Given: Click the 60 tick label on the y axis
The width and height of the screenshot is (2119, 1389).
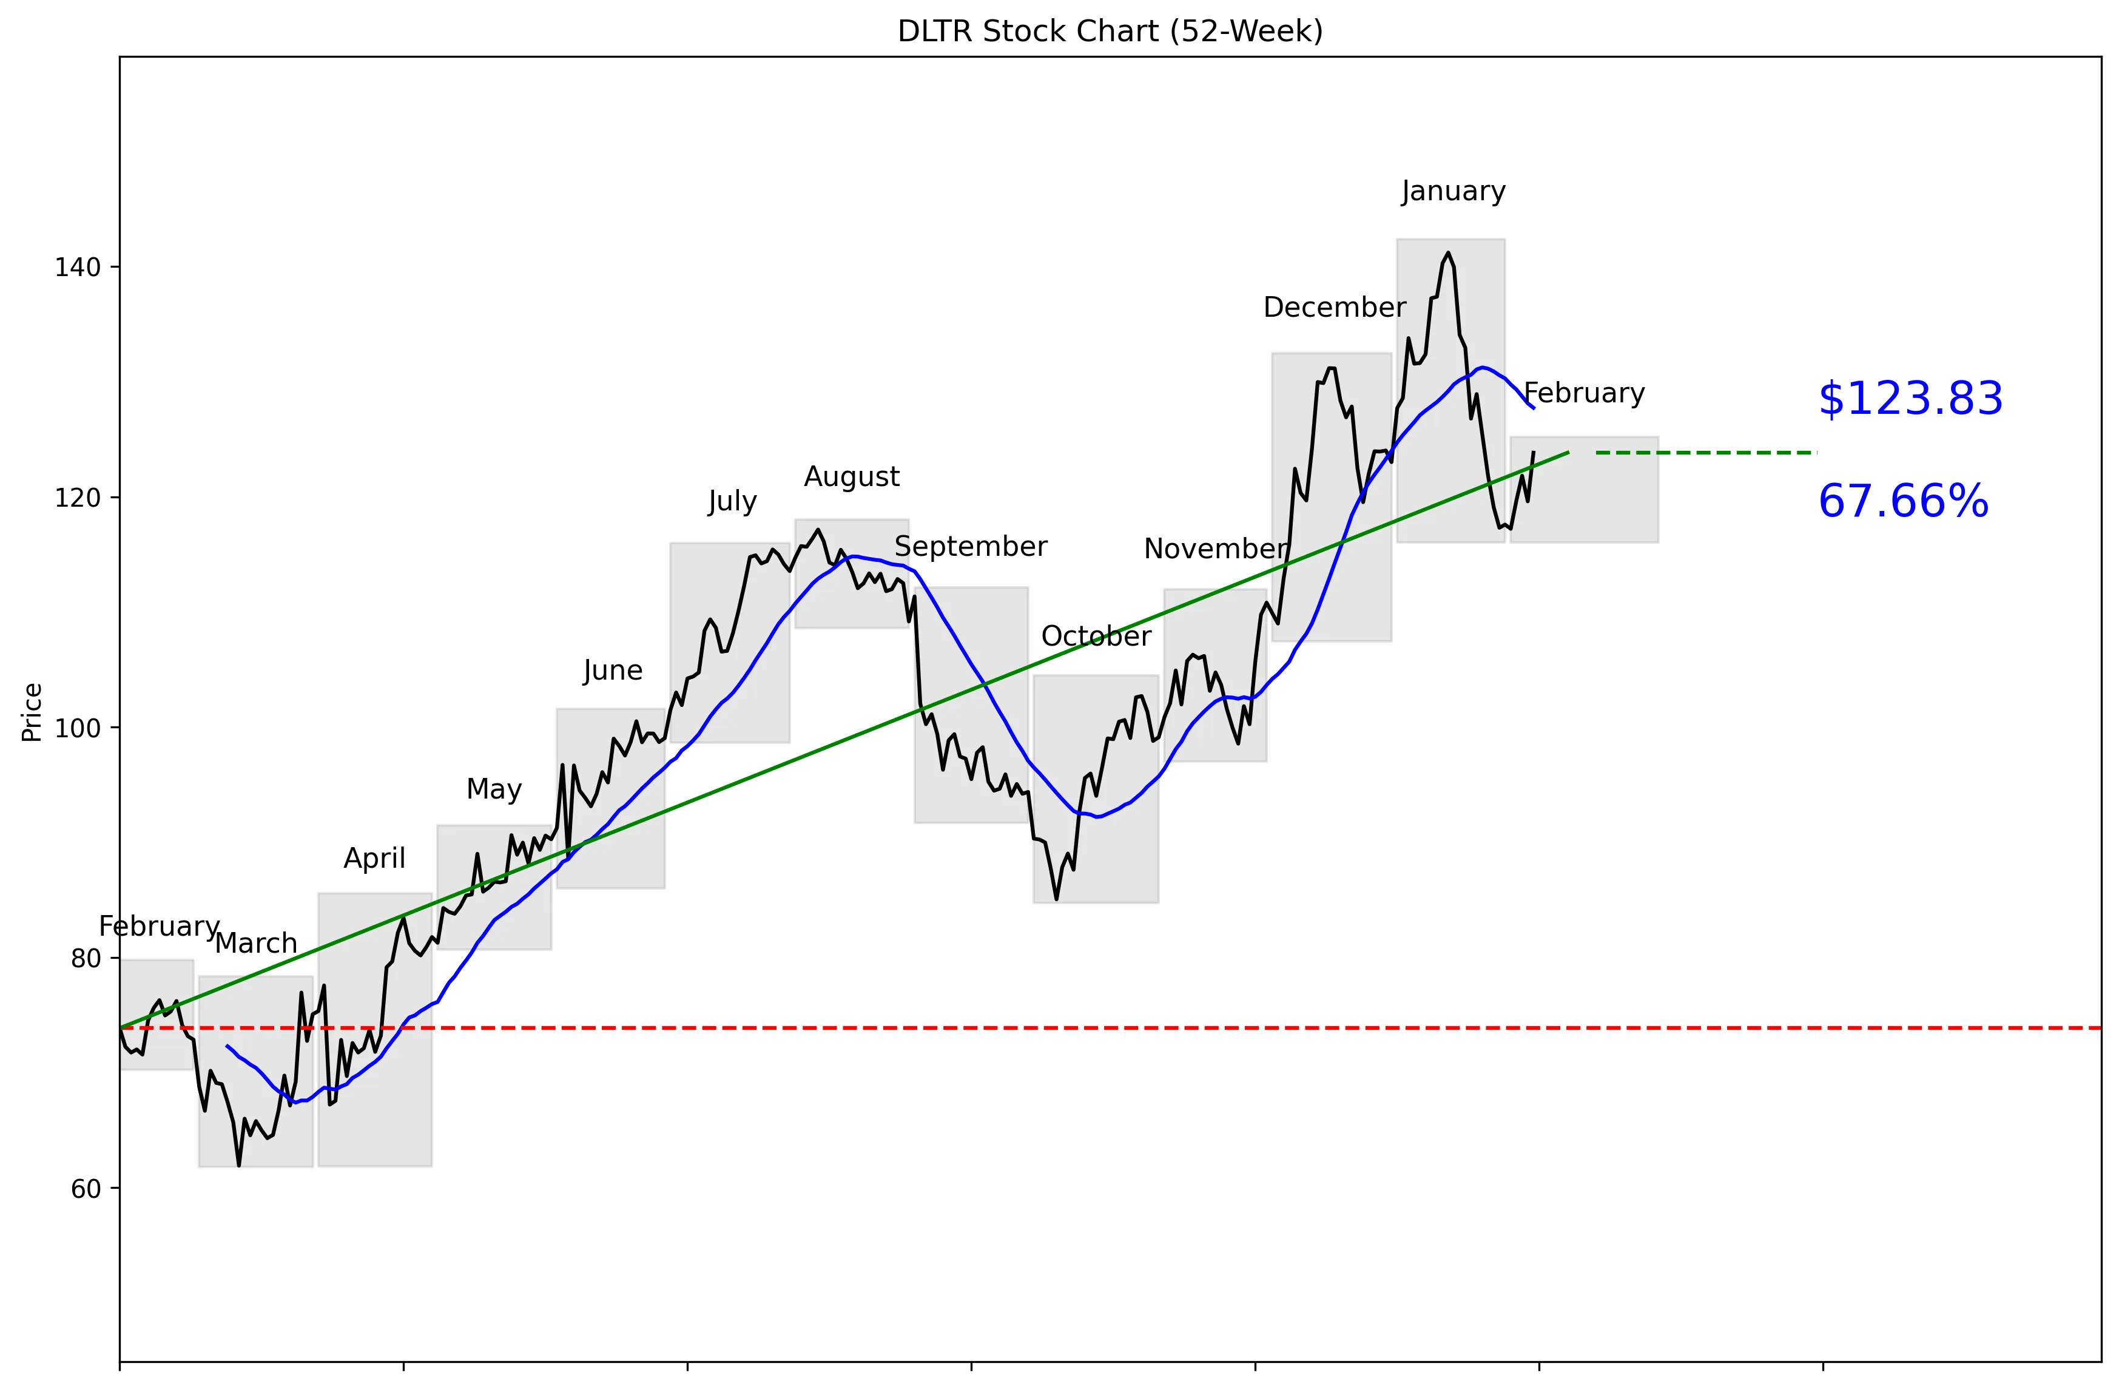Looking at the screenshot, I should pyautogui.click(x=86, y=1189).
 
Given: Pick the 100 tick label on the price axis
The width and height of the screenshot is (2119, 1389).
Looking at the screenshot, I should pyautogui.click(x=78, y=728).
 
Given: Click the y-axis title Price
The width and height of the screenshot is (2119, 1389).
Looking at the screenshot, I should pyautogui.click(x=32, y=712).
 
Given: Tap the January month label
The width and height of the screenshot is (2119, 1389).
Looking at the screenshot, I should pyautogui.click(x=1453, y=191).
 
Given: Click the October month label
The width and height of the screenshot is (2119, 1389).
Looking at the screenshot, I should pyautogui.click(x=1096, y=637).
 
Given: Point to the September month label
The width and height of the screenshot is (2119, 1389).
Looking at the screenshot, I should pyautogui.click(x=971, y=547).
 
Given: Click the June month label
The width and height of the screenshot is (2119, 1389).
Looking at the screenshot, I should pyautogui.click(x=613, y=671).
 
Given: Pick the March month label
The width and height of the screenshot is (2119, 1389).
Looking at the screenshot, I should pyautogui.click(x=257, y=944).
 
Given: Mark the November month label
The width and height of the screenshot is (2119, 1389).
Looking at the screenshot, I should pyautogui.click(x=1215, y=549).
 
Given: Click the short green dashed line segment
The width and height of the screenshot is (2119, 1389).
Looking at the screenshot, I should pyautogui.click(x=1705, y=453).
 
